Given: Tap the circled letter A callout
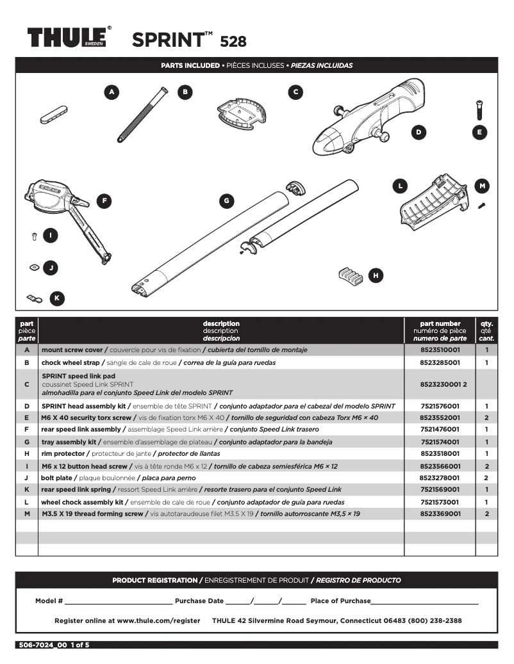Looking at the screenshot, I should (112, 92).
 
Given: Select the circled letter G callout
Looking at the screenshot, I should (226, 201).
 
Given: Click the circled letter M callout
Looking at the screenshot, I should (483, 186).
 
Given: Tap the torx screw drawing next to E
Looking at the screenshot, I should (478, 109).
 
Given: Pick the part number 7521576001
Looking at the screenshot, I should (440, 406).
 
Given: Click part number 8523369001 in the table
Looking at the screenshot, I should (440, 514).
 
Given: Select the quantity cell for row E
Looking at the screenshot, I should (486, 417).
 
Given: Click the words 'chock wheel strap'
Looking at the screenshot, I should (70, 362).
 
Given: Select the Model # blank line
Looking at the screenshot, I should (118, 601).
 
